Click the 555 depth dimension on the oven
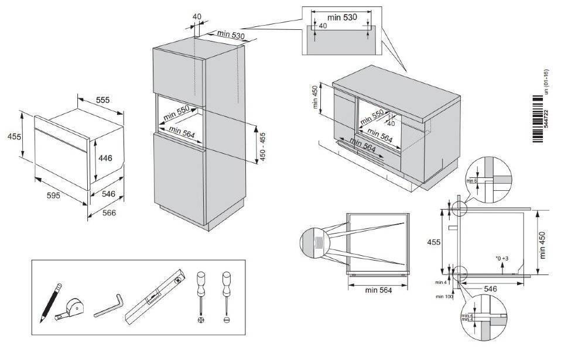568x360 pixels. (103, 100)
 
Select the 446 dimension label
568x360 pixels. (105, 157)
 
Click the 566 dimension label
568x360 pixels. (110, 212)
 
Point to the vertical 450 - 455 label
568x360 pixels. (264, 147)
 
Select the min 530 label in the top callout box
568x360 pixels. (342, 18)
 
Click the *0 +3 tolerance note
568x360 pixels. (502, 258)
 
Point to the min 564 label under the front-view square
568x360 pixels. (377, 289)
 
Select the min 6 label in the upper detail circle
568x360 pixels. (472, 181)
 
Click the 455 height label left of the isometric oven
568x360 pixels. (13, 137)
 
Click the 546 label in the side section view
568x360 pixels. (491, 289)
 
